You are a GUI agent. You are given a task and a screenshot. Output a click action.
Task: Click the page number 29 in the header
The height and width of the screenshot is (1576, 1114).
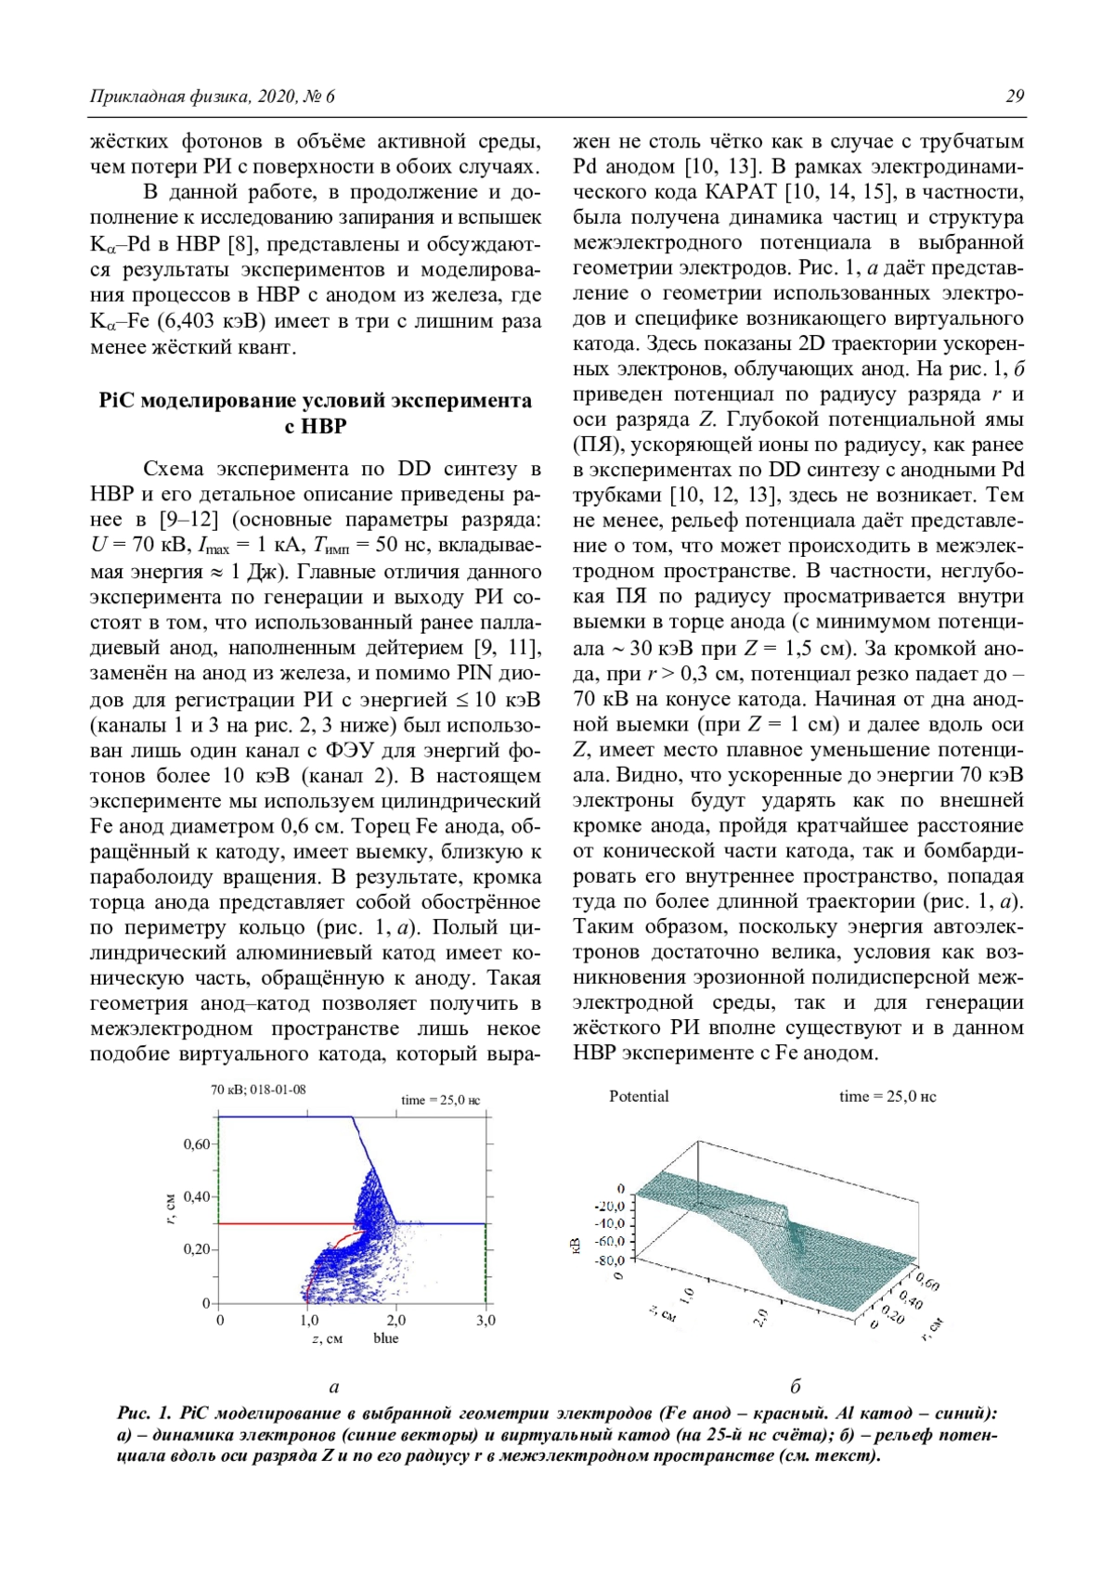(x=1015, y=97)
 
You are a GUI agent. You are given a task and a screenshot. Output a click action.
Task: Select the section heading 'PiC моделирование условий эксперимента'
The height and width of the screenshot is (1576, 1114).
(x=316, y=401)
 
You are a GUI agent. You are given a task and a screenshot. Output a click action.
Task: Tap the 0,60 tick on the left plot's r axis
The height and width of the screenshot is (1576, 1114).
(x=196, y=1144)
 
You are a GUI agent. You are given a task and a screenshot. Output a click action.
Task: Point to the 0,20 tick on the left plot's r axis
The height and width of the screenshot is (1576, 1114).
(x=196, y=1249)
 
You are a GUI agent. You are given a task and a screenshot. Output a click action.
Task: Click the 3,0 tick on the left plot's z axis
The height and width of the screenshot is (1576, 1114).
(x=486, y=1320)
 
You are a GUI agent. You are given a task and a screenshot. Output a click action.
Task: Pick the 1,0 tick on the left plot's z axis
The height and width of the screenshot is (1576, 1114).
(x=309, y=1320)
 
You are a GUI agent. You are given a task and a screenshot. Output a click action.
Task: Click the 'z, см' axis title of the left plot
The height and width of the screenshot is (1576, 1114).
(x=327, y=1338)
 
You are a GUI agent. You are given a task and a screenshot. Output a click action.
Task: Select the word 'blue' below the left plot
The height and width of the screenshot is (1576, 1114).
(x=386, y=1338)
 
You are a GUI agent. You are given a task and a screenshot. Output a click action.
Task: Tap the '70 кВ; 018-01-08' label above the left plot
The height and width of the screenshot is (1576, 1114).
(x=258, y=1090)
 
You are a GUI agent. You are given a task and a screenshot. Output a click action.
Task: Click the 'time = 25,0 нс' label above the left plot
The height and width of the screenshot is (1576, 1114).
(x=440, y=1100)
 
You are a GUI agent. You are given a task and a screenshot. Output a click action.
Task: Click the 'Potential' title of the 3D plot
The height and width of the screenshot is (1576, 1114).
(x=639, y=1096)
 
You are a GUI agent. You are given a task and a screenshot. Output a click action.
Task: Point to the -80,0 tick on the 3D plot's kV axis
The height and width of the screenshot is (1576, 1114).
(x=610, y=1260)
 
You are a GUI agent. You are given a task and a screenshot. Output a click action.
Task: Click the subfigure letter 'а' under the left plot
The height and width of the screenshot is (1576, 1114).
(x=334, y=1387)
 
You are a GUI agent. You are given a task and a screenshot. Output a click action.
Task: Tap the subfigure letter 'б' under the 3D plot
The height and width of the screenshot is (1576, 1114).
(x=796, y=1387)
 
